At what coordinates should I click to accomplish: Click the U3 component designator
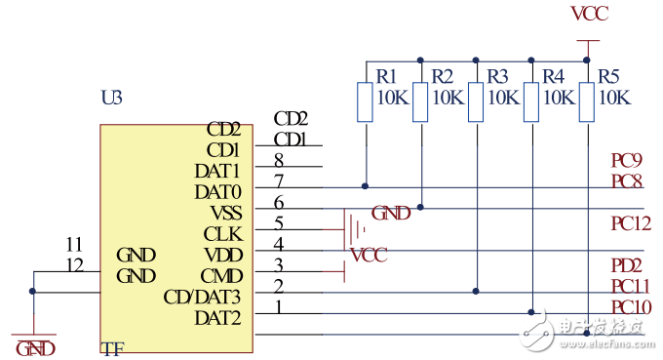(112, 99)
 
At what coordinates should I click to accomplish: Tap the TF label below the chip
(113, 348)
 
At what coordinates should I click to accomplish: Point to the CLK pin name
(222, 234)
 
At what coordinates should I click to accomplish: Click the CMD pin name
(221, 276)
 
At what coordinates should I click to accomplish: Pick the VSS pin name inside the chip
(225, 213)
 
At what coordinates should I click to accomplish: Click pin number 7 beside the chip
(279, 181)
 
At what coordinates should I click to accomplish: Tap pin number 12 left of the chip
(74, 265)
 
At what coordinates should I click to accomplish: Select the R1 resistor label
(387, 75)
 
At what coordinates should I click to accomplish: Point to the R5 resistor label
(609, 75)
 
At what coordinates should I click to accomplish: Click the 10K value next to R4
(559, 98)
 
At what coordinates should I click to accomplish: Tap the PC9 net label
(625, 161)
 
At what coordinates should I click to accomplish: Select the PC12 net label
(630, 224)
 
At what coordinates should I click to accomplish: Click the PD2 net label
(625, 265)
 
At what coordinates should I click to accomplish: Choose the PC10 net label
(630, 308)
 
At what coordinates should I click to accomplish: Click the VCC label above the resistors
(587, 14)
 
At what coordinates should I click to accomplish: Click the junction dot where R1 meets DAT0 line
(366, 185)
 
